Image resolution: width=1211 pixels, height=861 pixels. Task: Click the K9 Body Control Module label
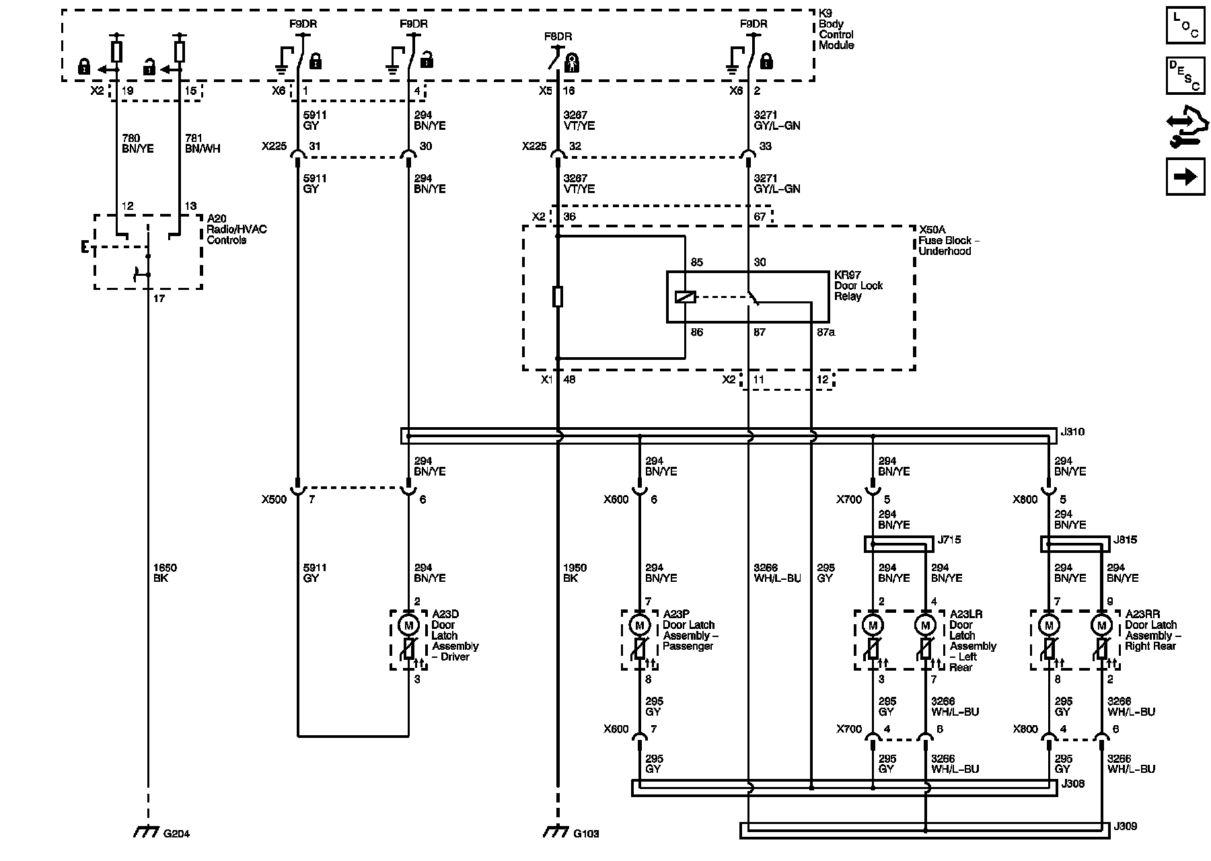[836, 30]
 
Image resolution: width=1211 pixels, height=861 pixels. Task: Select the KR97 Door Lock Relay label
[858, 286]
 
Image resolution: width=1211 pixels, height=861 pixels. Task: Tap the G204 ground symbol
[145, 833]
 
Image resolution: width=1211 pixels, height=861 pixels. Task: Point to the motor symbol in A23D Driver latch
[408, 626]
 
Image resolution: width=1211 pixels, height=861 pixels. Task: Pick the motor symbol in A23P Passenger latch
[639, 626]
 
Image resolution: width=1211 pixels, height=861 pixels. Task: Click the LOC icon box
[1185, 26]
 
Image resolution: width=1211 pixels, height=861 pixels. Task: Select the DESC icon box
[1185, 76]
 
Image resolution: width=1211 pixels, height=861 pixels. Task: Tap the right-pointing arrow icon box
[1185, 177]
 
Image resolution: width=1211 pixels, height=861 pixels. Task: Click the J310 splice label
[1072, 432]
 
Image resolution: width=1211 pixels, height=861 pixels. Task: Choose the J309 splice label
[1125, 826]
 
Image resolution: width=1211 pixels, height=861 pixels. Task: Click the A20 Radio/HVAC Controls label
[237, 229]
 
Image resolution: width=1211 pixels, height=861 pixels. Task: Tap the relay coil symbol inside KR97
[685, 297]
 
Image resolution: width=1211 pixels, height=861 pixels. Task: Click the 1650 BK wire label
[165, 572]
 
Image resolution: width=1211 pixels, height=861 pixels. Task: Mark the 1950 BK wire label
[575, 572]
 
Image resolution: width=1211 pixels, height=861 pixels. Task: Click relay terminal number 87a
[825, 332]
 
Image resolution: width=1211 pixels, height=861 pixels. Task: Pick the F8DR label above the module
[558, 36]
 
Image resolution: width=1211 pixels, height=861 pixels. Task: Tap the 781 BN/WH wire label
[203, 143]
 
